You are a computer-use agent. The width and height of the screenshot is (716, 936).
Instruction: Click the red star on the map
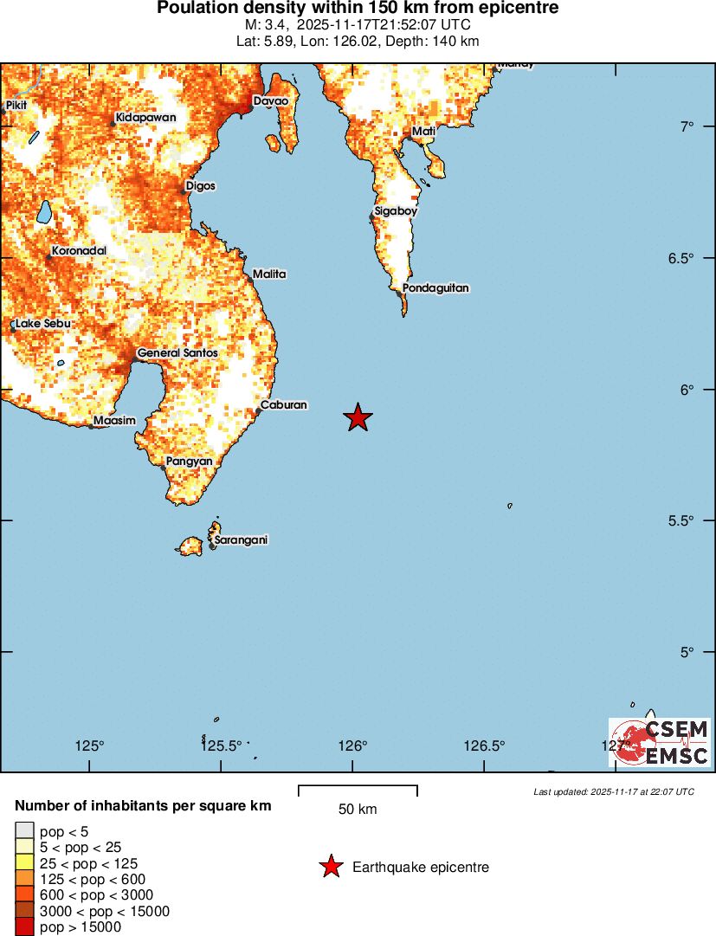(358, 417)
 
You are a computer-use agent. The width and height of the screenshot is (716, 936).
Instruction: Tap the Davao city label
(270, 101)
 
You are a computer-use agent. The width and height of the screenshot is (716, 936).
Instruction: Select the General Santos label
(177, 353)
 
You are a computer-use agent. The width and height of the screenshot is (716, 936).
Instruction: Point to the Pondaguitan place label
(435, 287)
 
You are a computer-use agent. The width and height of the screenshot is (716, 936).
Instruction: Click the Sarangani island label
(241, 539)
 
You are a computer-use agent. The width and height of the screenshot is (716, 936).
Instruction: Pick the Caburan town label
(286, 404)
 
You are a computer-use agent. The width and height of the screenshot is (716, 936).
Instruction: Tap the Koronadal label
(79, 251)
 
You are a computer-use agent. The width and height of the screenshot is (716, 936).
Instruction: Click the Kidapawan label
(145, 117)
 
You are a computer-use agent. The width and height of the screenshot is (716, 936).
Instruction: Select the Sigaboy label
(396, 211)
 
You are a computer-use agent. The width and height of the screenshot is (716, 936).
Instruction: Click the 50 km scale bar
(358, 791)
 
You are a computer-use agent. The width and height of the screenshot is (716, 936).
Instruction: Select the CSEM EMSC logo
(661, 743)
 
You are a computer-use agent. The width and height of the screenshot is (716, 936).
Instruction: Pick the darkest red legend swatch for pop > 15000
(24, 927)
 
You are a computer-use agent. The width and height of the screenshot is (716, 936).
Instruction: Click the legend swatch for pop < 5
(24, 832)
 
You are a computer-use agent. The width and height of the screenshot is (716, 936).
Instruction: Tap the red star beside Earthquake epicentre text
(331, 867)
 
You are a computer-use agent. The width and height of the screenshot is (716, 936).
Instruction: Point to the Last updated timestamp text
(613, 791)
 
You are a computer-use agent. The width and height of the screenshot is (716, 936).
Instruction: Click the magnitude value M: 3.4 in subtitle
(266, 24)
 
